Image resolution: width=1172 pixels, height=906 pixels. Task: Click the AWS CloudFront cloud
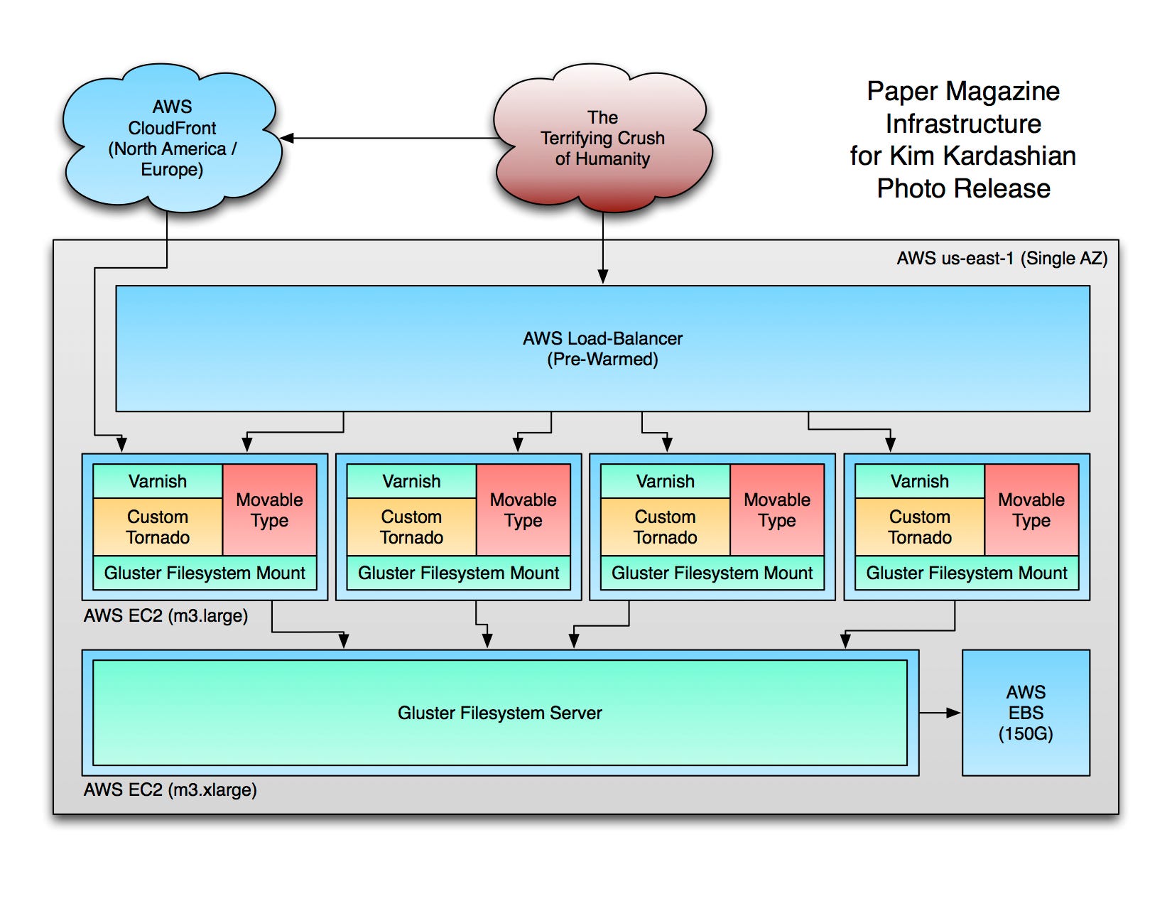pyautogui.click(x=171, y=138)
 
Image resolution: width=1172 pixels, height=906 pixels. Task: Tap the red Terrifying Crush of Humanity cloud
pyautogui.click(x=602, y=138)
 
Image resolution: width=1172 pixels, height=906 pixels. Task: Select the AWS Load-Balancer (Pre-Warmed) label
pyautogui.click(x=602, y=349)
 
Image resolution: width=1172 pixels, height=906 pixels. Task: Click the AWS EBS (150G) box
pyautogui.click(x=1025, y=712)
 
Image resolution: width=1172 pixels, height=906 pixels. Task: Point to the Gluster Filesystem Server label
pyautogui.click(x=499, y=713)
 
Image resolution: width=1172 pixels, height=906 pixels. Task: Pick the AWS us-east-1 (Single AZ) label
pyautogui.click(x=1002, y=259)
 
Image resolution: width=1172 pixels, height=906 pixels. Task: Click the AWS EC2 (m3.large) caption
pyautogui.click(x=166, y=615)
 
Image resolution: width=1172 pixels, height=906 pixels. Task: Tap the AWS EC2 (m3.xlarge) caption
pyautogui.click(x=170, y=790)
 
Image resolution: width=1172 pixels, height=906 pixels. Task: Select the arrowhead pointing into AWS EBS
pyautogui.click(x=953, y=713)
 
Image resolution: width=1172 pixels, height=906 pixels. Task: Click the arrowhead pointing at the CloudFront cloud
pyautogui.click(x=287, y=138)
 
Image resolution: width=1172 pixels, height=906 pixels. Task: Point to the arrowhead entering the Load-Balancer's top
pyautogui.click(x=603, y=277)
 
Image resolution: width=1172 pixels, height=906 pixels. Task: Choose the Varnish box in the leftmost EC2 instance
pyautogui.click(x=158, y=481)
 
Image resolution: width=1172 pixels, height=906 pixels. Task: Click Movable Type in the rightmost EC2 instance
pyautogui.click(x=1031, y=509)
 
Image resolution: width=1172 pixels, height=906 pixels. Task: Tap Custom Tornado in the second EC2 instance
pyautogui.click(x=411, y=527)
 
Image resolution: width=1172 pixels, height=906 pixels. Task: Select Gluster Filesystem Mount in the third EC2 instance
pyautogui.click(x=712, y=573)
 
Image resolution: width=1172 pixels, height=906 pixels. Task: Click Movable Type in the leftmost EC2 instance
pyautogui.click(x=269, y=509)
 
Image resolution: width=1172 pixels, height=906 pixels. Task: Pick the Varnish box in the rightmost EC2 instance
pyautogui.click(x=920, y=481)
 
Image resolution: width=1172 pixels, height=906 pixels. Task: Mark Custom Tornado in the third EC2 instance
pyautogui.click(x=665, y=527)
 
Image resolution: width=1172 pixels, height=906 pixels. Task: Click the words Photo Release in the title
pyautogui.click(x=963, y=188)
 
